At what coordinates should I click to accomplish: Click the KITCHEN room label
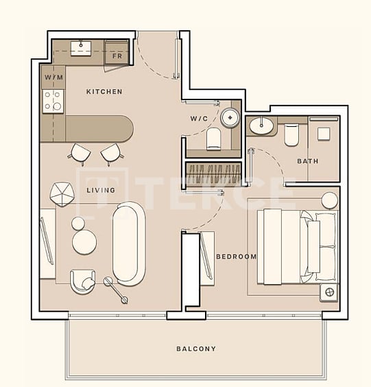pyautogui.click(x=104, y=91)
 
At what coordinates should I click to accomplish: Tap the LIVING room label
pyautogui.click(x=100, y=190)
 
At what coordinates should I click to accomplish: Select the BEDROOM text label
pyautogui.click(x=236, y=257)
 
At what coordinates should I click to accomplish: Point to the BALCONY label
pyautogui.click(x=195, y=349)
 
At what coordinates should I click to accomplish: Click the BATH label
pyautogui.click(x=307, y=161)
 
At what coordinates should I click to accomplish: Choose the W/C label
pyautogui.click(x=199, y=119)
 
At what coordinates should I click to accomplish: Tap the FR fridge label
pyautogui.click(x=117, y=56)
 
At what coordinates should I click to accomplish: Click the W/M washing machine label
pyautogui.click(x=53, y=78)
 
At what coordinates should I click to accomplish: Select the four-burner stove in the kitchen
pyautogui.click(x=53, y=102)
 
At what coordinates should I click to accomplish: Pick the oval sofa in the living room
pyautogui.click(x=129, y=242)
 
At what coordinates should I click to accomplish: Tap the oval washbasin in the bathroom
pyautogui.click(x=261, y=126)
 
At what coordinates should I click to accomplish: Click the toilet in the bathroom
pyautogui.click(x=291, y=134)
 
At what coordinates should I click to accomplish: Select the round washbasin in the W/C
pyautogui.click(x=228, y=117)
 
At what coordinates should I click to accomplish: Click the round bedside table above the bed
pyautogui.click(x=330, y=200)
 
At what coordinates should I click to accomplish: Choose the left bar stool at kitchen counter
pyautogui.click(x=81, y=153)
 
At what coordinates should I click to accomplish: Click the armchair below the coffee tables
pyautogui.click(x=82, y=281)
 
